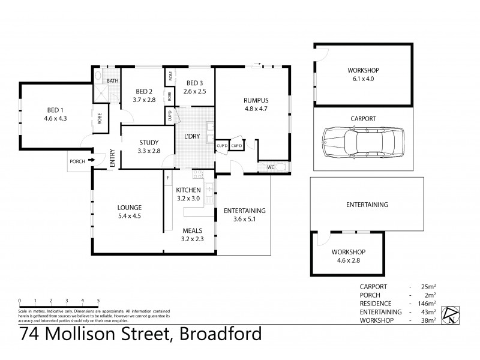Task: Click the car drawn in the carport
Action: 363,143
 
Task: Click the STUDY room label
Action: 149,142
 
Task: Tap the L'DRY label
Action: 192,137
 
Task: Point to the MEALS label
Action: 192,230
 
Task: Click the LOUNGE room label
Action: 129,208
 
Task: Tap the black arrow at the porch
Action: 92,160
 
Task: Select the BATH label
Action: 112,81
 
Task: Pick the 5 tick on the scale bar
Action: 98,300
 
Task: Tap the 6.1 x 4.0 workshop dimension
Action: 364,79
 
